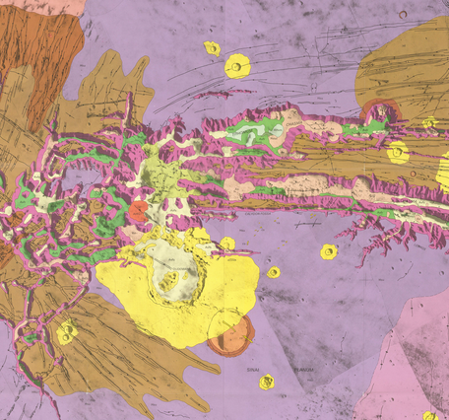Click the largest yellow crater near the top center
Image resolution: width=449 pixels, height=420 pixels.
pyautogui.click(x=237, y=66)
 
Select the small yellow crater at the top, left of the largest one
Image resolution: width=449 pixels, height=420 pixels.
pyautogui.click(x=212, y=47)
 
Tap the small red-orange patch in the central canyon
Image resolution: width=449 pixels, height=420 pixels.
pyautogui.click(x=139, y=210)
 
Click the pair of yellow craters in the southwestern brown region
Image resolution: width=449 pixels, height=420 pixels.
pyautogui.click(x=66, y=333)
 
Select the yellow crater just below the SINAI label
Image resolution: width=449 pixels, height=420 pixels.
pyautogui.click(x=266, y=383)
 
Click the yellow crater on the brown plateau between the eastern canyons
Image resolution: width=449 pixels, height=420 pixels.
pyautogui.click(x=397, y=153)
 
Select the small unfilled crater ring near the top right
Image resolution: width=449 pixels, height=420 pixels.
pyautogui.click(x=429, y=122)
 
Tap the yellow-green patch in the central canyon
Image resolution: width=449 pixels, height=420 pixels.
pyautogui.click(x=158, y=177)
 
